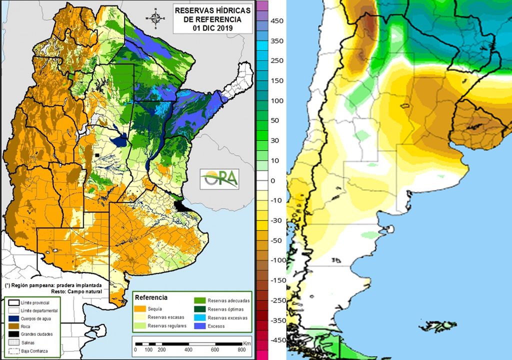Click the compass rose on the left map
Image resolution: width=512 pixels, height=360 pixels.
156,18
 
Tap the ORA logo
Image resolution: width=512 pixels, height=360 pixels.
219,179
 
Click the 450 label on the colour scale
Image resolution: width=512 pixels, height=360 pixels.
276,20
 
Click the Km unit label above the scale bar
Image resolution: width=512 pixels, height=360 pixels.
247,343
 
